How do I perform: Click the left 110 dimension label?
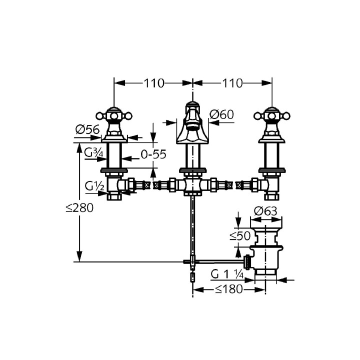click(154, 83)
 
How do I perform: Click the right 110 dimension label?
click(232, 83)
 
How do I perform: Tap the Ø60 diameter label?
click(221, 114)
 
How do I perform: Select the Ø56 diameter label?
click(87, 129)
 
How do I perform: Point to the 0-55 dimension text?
click(153, 154)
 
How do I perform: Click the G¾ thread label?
click(93, 152)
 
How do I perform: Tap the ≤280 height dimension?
click(79, 208)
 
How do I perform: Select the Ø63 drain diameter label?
click(265, 211)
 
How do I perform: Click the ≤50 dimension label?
click(240, 235)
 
